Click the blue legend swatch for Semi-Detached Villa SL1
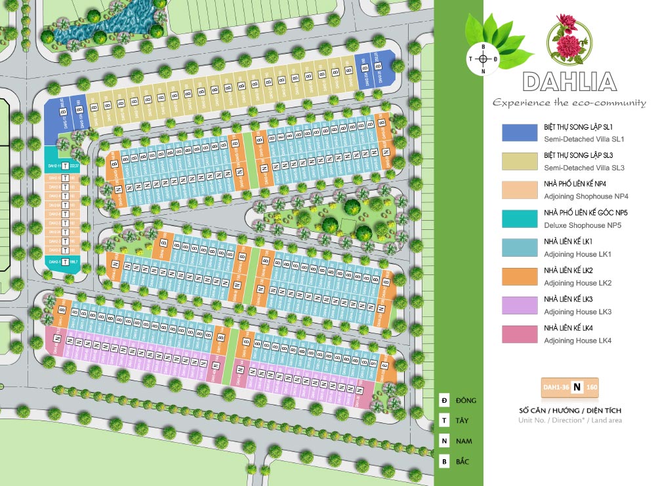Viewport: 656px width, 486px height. (520, 132)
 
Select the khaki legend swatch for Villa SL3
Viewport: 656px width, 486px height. (520, 161)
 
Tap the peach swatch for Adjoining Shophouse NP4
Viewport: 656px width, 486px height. (520, 189)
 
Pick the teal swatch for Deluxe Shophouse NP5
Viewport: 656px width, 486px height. (520, 218)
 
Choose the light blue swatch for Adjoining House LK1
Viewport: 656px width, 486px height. (520, 247)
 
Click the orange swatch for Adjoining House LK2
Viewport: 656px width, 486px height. (520, 276)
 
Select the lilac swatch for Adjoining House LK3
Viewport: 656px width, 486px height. (520, 305)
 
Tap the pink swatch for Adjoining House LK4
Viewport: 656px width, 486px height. (520, 333)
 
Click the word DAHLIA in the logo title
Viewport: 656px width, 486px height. (569, 82)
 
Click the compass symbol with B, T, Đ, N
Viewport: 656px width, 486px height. (483, 59)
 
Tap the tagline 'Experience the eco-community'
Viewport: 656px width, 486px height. (569, 103)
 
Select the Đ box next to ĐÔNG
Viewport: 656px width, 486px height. (445, 400)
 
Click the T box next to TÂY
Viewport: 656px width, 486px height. (445, 421)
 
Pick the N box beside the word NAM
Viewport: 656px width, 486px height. (445, 441)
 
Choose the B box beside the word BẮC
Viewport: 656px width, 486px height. (445, 461)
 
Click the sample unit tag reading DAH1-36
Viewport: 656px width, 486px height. (569, 387)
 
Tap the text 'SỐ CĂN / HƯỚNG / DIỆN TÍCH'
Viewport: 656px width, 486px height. (569, 411)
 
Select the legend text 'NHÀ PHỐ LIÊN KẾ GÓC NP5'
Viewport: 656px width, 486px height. (586, 214)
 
